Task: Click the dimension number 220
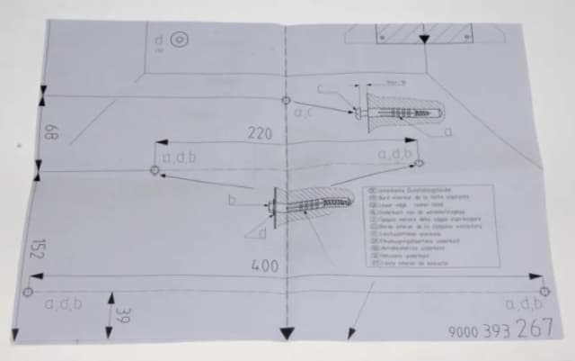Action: (260, 133)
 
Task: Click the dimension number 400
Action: (264, 266)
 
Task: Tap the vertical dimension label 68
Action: (50, 133)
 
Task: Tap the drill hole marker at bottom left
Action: (28, 292)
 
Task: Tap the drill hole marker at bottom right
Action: (544, 291)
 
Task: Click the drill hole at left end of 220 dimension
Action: (155, 169)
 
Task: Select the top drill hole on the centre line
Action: (286, 99)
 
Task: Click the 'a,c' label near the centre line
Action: (303, 113)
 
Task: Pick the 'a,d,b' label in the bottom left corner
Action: (63, 303)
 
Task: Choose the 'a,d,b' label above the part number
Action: (524, 304)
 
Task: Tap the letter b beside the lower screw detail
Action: (232, 200)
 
